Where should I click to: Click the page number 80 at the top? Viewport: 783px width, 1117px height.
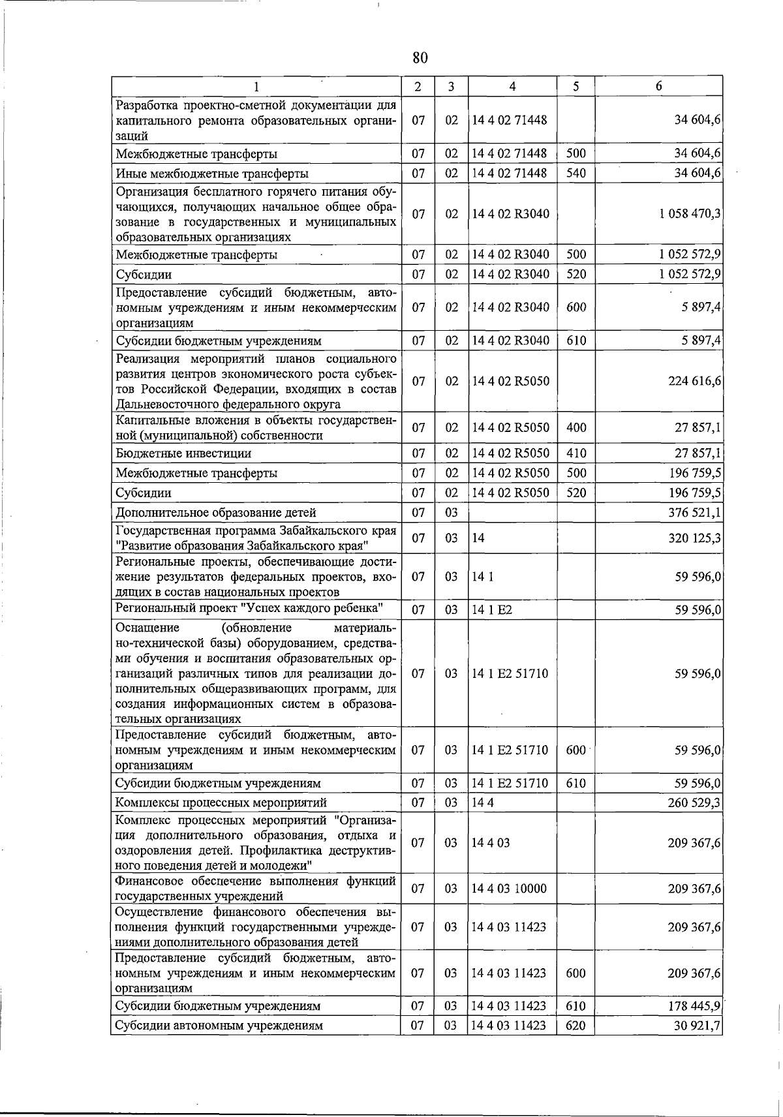[420, 58]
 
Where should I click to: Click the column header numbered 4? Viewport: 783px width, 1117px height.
[512, 86]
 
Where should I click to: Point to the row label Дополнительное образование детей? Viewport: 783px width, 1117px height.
[215, 513]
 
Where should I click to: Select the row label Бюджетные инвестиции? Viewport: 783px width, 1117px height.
[183, 453]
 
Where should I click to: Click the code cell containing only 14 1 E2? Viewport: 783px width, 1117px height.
[484, 610]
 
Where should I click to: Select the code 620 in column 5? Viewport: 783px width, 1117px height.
[576, 1026]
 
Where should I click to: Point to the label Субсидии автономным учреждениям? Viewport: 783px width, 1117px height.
[219, 1026]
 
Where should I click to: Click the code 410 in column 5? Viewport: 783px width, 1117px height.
[576, 453]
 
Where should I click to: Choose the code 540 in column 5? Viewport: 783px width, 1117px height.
[576, 174]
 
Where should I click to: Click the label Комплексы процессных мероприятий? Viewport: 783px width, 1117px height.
[221, 803]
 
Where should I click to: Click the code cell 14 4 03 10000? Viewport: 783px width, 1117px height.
[510, 889]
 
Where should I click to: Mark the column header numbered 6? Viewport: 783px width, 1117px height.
[658, 86]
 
